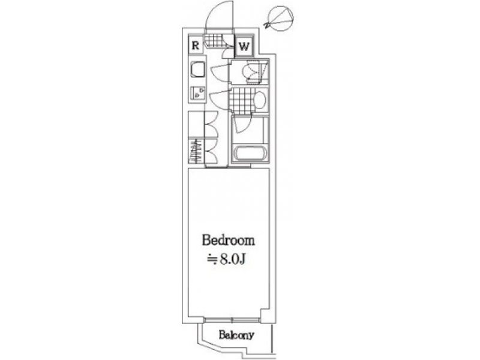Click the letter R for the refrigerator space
coord(196,46)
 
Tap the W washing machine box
coord(244,47)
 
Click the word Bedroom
coord(228,240)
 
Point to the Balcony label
coord(236,335)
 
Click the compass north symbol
coord(279,19)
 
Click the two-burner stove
coord(198,93)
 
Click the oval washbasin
coord(260,100)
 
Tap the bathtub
coord(249,154)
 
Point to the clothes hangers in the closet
coord(195,151)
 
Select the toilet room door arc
coord(220,73)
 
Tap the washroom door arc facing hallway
coord(220,98)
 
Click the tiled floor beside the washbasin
coord(242,100)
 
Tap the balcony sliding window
coord(232,320)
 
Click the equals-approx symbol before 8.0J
coord(212,260)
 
